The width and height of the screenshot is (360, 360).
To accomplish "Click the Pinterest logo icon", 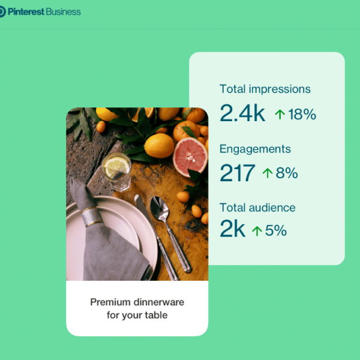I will tap(2, 11).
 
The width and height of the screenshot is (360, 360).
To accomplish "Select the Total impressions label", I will tap(265, 89).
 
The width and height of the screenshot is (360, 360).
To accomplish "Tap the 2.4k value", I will tap(242, 113).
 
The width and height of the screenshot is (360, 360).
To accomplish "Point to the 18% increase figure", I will tap(302, 114).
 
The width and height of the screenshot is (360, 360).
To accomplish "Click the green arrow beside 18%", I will tap(280, 114).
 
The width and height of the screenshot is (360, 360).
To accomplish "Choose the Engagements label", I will tap(255, 149).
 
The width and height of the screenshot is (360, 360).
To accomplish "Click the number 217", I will tap(237, 173).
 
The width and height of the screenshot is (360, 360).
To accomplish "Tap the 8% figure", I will tap(286, 173).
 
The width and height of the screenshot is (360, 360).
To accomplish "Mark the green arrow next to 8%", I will tap(267, 173).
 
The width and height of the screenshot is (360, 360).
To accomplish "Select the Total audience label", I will tap(257, 208).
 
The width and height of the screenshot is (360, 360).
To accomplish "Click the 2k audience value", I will tap(232, 230).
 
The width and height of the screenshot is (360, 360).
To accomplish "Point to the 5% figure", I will tap(275, 230).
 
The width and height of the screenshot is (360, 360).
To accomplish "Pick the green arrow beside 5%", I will tap(257, 230).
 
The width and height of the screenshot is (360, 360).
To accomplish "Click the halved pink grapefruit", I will tap(191, 156).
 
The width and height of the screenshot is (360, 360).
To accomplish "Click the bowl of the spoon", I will tap(160, 209).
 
